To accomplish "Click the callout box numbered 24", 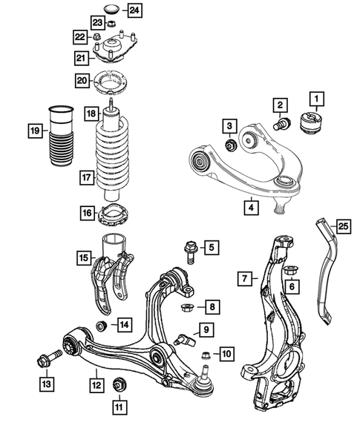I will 134,10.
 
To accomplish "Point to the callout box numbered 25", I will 341,225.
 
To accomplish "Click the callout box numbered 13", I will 46,383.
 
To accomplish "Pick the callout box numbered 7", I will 243,279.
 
